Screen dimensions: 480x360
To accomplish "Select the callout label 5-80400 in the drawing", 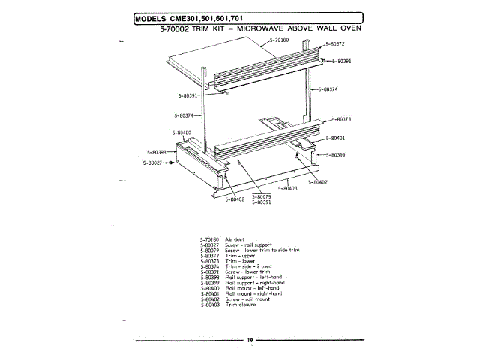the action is click(x=182, y=133).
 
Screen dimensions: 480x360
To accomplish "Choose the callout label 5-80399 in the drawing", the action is click(x=334, y=154).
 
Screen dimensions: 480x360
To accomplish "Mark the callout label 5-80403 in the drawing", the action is click(x=288, y=188).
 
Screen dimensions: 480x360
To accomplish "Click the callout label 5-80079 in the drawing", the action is click(x=261, y=197).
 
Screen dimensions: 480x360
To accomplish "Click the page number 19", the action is click(x=250, y=340).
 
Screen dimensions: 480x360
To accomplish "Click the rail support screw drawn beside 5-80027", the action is click(x=173, y=160).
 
